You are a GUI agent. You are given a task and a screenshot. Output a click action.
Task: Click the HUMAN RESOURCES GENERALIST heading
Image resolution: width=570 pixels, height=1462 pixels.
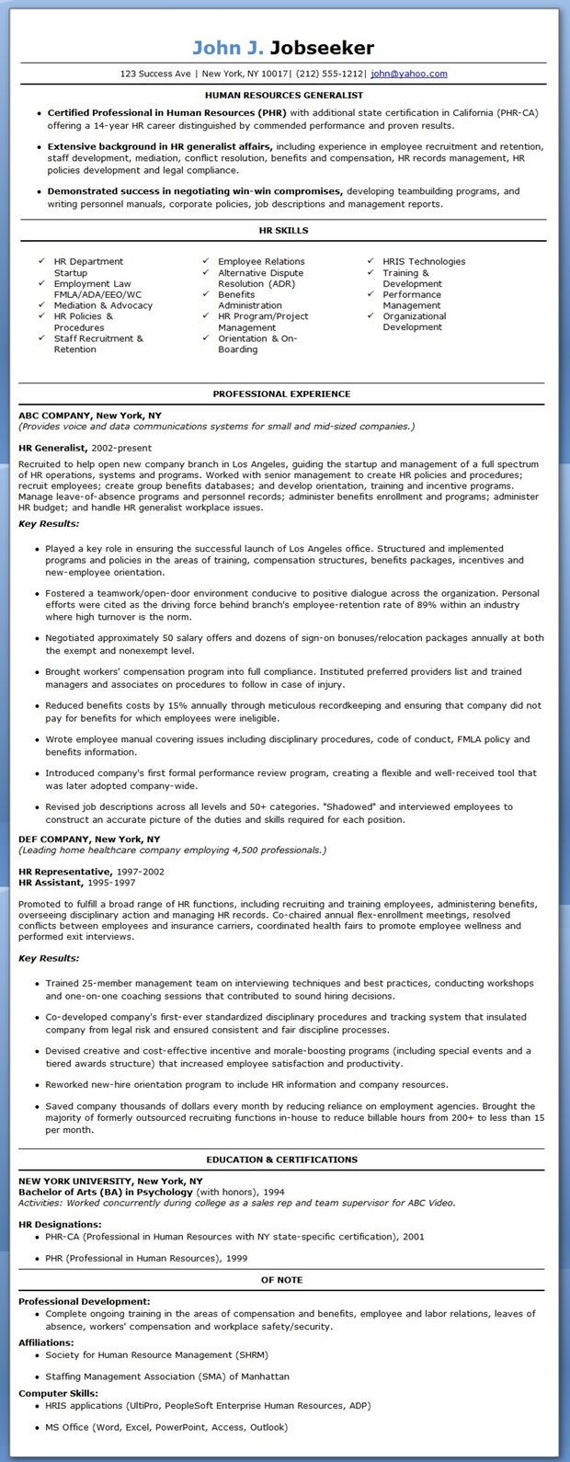coord(283,95)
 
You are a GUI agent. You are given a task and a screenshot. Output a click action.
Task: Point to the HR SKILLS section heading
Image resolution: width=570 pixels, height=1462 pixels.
coord(283,230)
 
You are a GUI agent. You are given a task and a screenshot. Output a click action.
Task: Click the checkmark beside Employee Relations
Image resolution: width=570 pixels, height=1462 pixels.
coord(206,262)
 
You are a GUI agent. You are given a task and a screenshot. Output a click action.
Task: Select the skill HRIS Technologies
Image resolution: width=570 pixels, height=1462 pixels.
coord(424,262)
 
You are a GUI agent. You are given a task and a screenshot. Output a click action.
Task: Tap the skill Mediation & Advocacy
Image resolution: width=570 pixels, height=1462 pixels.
coord(103,305)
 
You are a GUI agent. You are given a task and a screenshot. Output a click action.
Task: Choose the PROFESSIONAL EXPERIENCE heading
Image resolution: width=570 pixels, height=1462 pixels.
coord(281,394)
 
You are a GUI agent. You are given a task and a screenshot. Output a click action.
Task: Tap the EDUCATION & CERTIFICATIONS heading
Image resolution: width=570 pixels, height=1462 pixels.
coord(282,1159)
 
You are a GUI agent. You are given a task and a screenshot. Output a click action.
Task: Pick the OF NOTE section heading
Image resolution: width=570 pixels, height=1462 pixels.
coord(282,1280)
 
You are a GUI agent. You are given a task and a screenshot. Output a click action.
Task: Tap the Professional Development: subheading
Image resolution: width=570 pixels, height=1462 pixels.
coord(84,1301)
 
